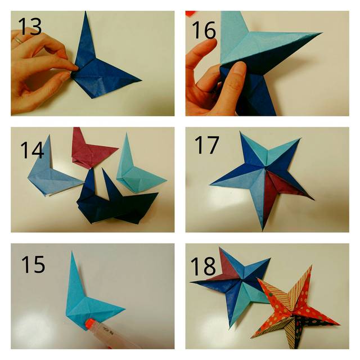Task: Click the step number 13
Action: pos(30,26)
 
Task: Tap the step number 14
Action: pos(32,150)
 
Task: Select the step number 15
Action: pos(33,264)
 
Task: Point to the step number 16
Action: pos(204,30)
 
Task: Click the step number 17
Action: pos(207,145)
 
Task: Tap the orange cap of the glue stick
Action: pos(90,323)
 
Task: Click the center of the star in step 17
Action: pos(265,169)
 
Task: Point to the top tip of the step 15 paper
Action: pos(72,251)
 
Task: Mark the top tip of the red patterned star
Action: pos(311,265)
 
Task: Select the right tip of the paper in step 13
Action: pos(141,80)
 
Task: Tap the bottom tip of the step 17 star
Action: pos(263,231)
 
